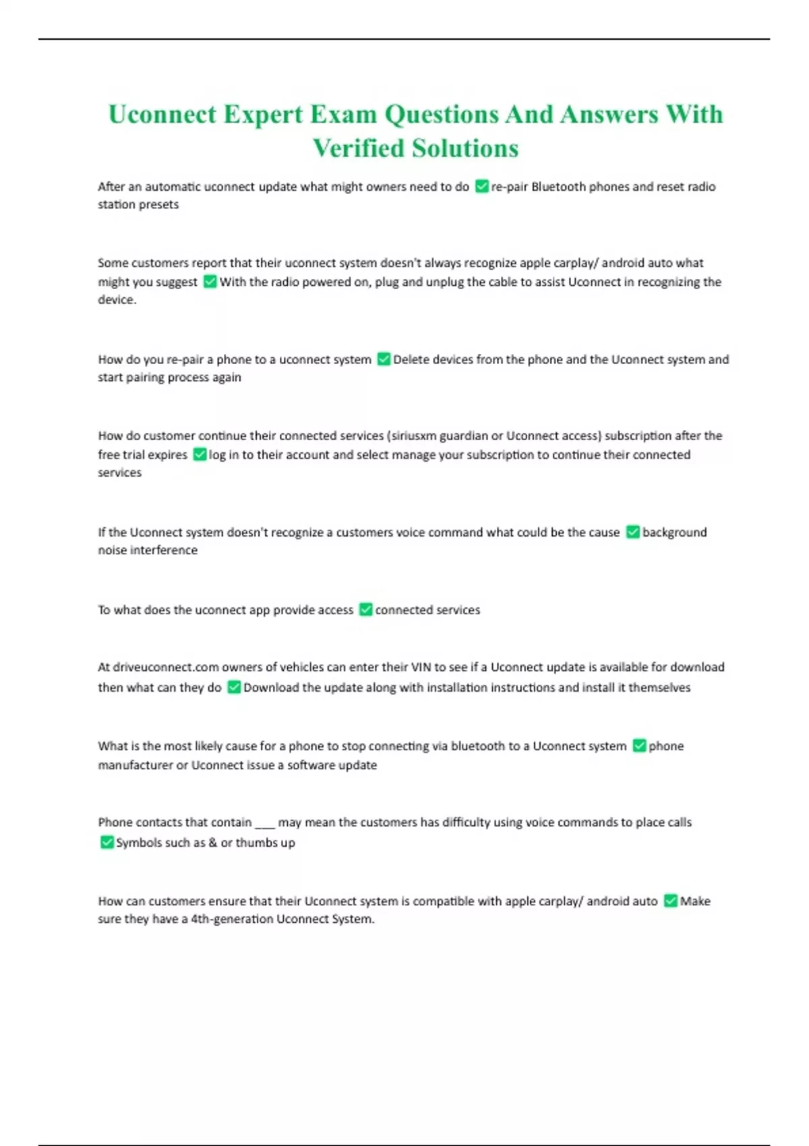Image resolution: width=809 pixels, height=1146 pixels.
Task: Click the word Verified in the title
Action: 359,148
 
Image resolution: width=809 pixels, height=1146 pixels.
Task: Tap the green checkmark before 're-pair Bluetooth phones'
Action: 481,186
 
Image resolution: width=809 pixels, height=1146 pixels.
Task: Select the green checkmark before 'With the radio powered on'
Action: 210,281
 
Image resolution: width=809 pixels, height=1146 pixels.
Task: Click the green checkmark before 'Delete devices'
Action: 384,359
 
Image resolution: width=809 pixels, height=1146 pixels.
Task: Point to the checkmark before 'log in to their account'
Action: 200,454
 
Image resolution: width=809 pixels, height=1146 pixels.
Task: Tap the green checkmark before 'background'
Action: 632,532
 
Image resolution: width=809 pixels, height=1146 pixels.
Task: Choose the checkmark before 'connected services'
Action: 365,609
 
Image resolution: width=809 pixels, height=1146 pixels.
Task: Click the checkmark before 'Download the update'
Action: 234,687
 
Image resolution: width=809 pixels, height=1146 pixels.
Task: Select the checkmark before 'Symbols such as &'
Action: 107,842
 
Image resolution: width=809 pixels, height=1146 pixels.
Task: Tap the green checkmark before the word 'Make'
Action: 670,901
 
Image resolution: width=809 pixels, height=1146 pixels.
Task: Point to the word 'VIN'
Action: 421,667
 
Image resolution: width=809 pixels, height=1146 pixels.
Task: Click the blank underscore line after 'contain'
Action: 265,823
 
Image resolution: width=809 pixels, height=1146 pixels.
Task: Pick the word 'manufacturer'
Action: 135,765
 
